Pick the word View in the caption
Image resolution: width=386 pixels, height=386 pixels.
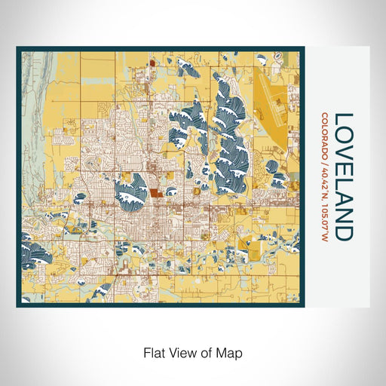point(182,352)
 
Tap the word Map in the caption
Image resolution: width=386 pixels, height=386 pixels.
point(231,352)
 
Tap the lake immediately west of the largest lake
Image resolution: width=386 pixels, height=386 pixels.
point(188,121)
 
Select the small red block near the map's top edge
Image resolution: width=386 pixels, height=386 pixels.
point(151,65)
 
